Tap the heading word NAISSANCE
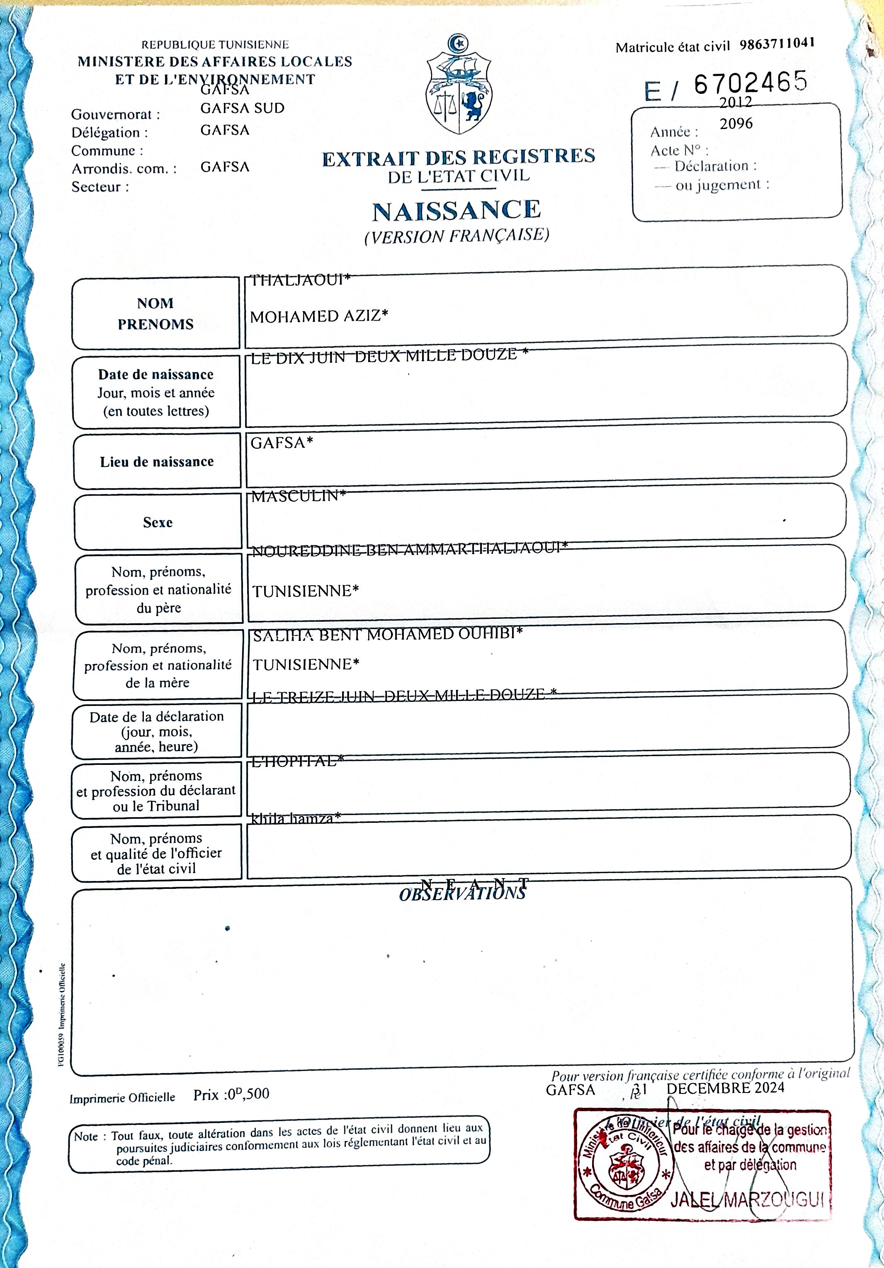click(457, 210)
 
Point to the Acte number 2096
click(736, 124)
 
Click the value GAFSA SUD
click(243, 108)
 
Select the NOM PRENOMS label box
click(156, 313)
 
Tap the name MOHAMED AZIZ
click(318, 316)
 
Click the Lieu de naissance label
click(157, 462)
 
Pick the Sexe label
click(158, 523)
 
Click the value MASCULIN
click(298, 496)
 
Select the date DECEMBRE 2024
click(726, 1088)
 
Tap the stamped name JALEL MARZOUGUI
click(748, 1200)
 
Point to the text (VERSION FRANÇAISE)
click(457, 236)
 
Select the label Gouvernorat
click(115, 114)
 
